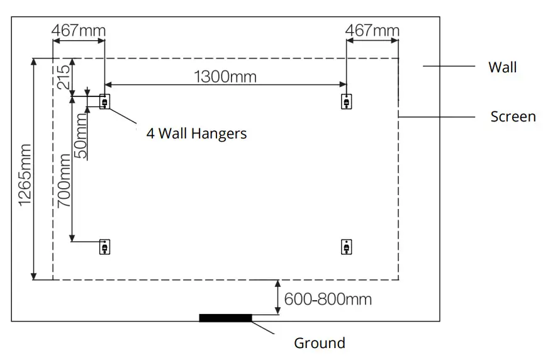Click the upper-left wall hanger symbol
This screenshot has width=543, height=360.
click(x=104, y=101)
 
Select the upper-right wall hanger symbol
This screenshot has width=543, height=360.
click(x=346, y=101)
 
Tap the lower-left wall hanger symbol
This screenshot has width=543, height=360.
click(x=104, y=247)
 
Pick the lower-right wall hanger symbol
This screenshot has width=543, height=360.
click(x=346, y=247)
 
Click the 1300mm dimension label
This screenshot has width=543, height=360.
click(x=225, y=76)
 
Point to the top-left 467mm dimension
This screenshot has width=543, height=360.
click(x=78, y=30)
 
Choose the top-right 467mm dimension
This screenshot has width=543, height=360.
click(x=372, y=30)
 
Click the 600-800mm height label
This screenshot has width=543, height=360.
click(x=328, y=299)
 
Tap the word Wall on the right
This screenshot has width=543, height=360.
click(x=502, y=67)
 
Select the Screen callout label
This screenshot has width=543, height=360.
click(x=513, y=116)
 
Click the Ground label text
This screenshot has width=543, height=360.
click(x=320, y=343)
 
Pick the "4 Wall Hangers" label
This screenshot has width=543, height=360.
click(x=196, y=133)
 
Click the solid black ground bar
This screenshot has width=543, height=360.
click(x=225, y=318)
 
